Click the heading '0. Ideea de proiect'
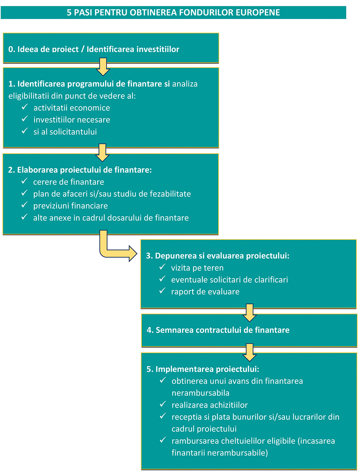[x=44, y=49]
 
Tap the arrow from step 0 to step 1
[x=103, y=67]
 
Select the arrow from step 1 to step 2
[x=103, y=152]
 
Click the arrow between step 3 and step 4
[x=249, y=313]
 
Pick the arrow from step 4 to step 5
[x=249, y=353]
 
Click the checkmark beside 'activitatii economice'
[x=25, y=107]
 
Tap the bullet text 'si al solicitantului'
[x=65, y=132]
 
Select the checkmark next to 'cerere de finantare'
[x=24, y=181]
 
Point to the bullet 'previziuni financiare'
[x=71, y=206]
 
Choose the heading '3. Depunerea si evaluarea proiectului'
[x=217, y=256]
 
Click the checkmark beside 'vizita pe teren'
[x=162, y=267]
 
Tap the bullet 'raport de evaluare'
[x=205, y=292]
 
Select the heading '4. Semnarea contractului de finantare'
[x=218, y=330]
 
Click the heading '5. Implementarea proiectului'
[x=203, y=369]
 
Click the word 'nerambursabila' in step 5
[x=201, y=393]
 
